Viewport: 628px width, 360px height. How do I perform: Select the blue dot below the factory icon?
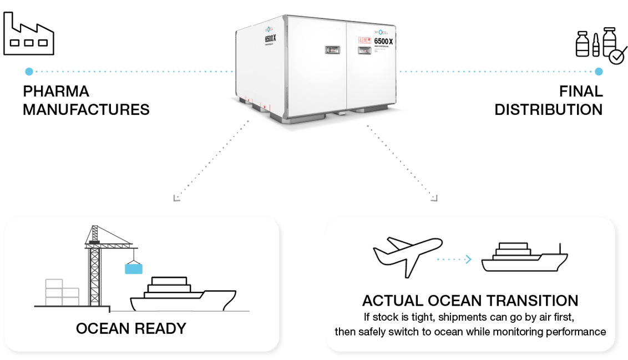29,72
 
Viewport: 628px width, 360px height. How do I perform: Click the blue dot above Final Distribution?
599,72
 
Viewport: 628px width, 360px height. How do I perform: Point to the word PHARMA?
56,92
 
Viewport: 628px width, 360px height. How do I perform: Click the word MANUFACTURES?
86,109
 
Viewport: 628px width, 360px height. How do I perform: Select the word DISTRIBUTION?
548,109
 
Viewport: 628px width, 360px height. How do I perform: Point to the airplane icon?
408,255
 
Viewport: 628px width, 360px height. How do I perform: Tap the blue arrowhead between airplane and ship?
468,258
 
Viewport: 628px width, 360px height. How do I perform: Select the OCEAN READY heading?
131,328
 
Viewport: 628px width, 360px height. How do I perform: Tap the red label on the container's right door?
364,40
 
